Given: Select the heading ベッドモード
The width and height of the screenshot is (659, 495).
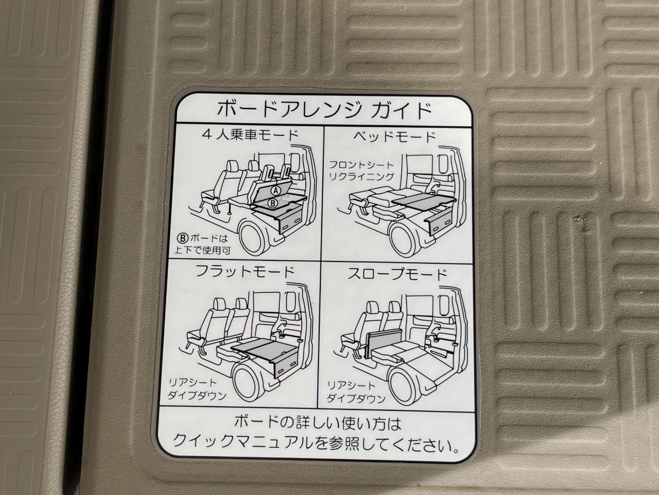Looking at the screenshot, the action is click(x=394, y=137).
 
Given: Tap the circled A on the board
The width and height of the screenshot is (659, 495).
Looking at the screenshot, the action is click(x=275, y=190).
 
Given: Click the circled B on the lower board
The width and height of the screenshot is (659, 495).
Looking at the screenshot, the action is click(x=273, y=204).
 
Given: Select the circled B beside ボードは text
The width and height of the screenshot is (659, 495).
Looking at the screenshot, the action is click(x=183, y=238).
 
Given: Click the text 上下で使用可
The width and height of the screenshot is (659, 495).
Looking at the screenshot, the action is click(x=202, y=251).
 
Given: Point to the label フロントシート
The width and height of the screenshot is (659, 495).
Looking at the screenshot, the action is click(x=361, y=164).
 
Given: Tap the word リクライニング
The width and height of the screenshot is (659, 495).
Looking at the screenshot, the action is click(x=361, y=176).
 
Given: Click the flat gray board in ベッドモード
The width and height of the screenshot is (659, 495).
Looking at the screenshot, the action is click(x=424, y=201).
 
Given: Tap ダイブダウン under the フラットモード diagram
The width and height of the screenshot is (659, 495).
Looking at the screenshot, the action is click(x=197, y=395).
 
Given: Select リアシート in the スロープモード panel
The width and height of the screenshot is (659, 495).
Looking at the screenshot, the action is click(x=351, y=386).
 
